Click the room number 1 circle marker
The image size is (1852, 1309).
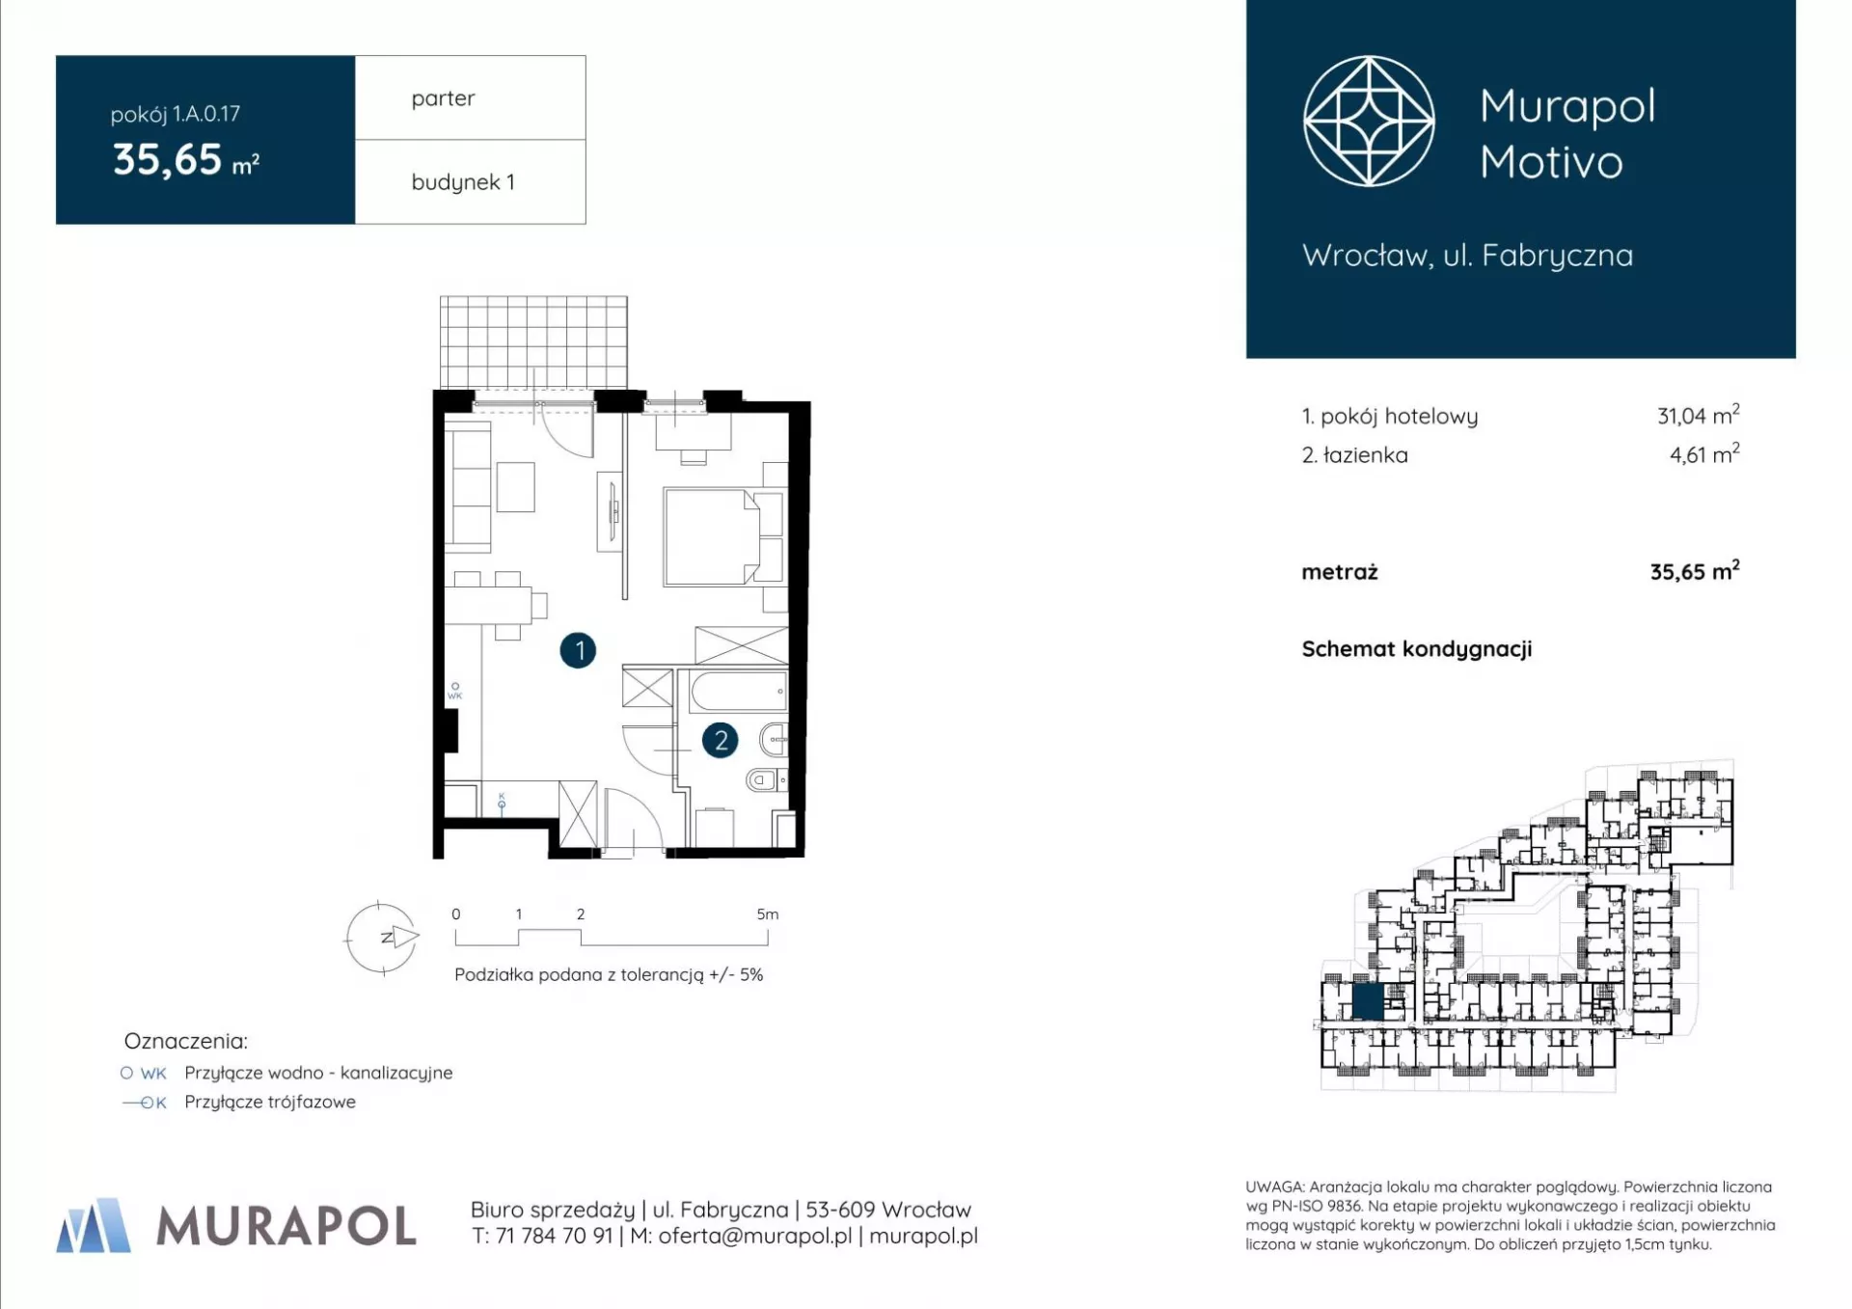coord(578,650)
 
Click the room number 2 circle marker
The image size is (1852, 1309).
coord(720,741)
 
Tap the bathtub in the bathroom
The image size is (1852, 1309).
coord(739,691)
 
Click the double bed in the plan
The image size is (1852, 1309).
coord(722,537)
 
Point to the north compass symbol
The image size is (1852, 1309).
coord(383,937)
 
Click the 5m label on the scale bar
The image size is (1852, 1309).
coord(767,914)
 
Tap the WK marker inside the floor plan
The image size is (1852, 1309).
coord(455,691)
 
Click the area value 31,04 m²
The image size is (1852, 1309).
coord(1698,416)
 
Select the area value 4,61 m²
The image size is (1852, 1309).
coord(1704,454)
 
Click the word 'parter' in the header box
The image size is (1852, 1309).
coord(443,99)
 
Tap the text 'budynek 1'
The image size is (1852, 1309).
coord(463,182)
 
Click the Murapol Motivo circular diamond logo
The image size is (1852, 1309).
coord(1369,122)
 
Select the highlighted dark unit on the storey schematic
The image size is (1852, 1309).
coord(1368,1002)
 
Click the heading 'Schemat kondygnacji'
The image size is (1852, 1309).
coord(1416,649)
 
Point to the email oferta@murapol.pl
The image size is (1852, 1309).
coord(754,1237)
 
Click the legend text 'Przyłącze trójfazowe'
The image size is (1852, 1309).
coord(270,1102)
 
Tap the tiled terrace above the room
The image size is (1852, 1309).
coord(533,342)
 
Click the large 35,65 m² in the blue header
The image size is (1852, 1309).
coord(186,159)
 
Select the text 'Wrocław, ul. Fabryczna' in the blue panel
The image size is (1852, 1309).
coord(1467,256)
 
